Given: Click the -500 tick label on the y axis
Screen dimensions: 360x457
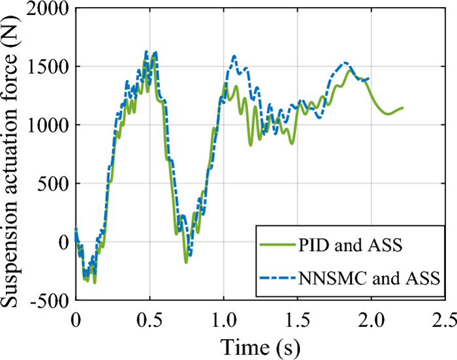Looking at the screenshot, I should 48,300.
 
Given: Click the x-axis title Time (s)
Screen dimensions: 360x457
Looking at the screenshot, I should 260,344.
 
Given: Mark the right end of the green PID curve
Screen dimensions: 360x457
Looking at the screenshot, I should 403,108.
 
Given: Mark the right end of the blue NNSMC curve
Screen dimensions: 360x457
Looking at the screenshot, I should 369,79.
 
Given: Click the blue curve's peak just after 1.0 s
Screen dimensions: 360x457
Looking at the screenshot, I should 234,57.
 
